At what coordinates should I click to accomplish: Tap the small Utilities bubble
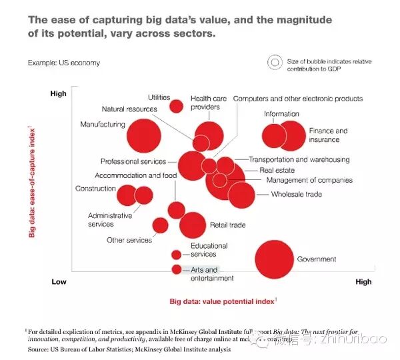coord(177,105)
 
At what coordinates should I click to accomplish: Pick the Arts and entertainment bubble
coord(177,269)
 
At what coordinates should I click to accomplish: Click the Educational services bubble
coord(176,254)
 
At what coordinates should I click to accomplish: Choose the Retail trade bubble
coord(193,225)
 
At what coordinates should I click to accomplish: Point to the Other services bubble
coord(161,225)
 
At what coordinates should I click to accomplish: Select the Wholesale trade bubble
coord(241,195)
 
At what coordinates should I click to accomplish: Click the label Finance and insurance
coord(328,135)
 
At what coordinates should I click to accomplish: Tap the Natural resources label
coord(129,109)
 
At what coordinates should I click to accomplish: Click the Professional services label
coord(133,161)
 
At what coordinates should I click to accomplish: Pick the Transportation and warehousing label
coord(299,160)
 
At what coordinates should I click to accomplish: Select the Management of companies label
coord(309,180)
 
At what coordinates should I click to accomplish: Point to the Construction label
coord(96,189)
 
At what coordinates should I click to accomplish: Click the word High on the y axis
coord(59,94)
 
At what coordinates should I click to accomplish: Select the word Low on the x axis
coord(59,282)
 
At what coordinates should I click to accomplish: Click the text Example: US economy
coord(64,63)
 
